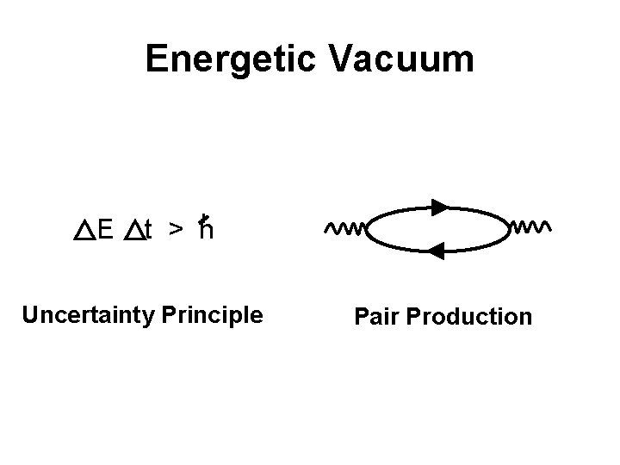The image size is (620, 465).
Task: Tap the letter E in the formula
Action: pos(106,230)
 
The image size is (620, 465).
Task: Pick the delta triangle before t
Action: pos(133,230)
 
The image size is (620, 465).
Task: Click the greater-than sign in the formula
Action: pos(174,230)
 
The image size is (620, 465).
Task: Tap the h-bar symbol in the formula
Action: pos(205,228)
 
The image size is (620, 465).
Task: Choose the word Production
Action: pos(470,317)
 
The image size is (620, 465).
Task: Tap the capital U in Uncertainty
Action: pos(30,315)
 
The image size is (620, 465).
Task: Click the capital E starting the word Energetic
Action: pos(158,59)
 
